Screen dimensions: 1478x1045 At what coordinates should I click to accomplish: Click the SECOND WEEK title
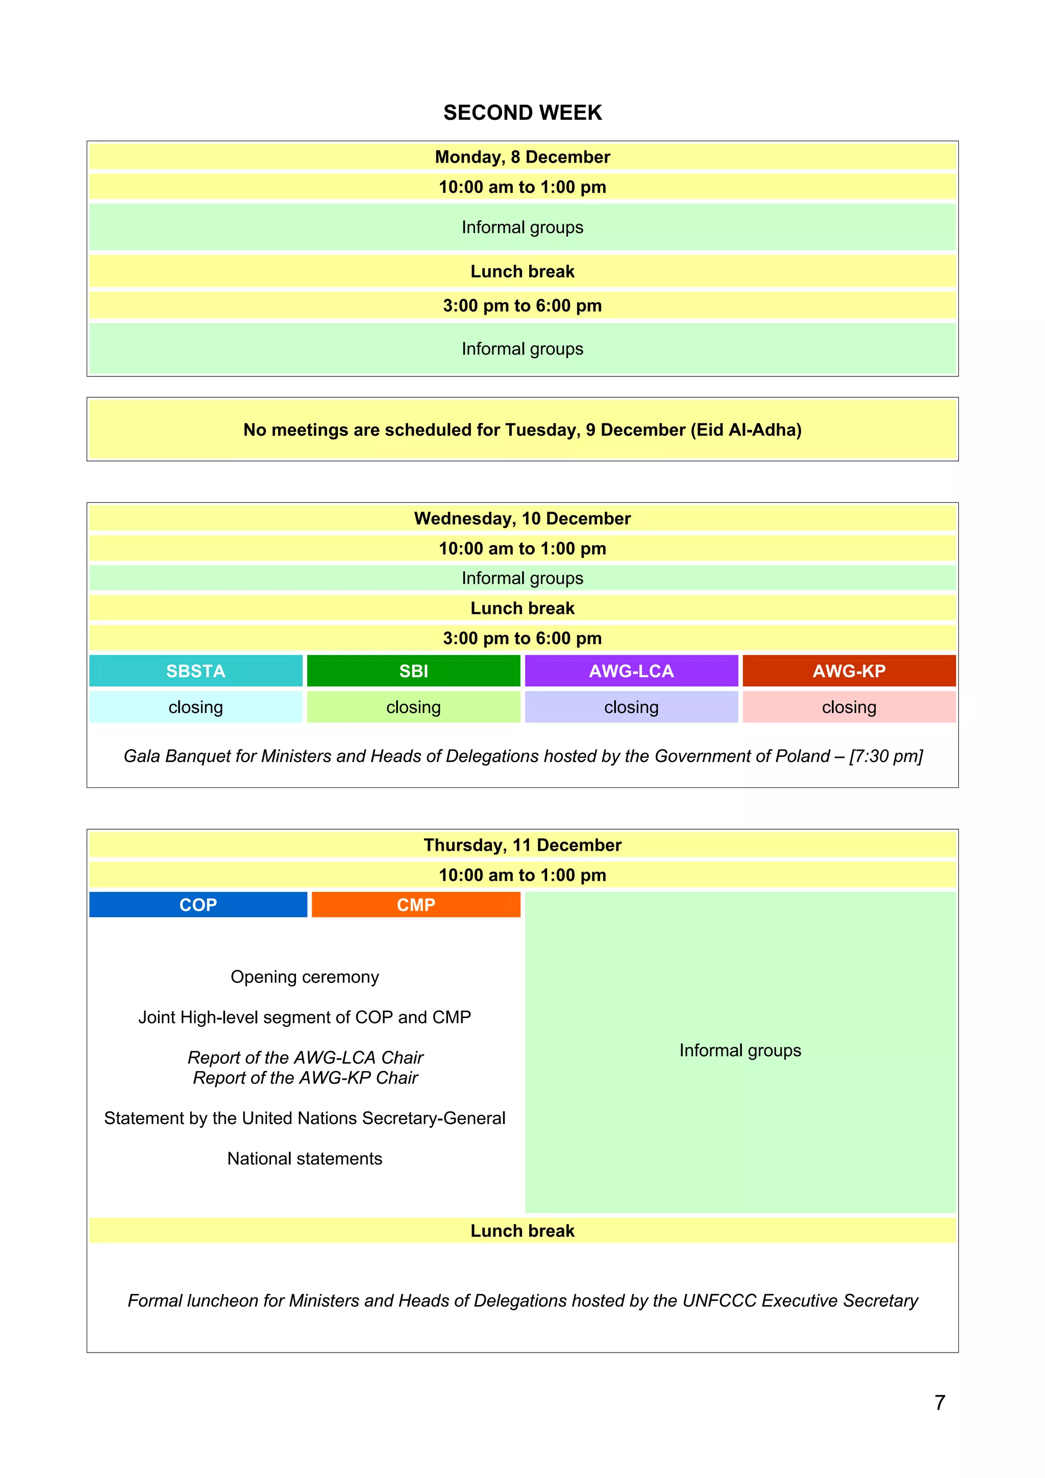pos(522,113)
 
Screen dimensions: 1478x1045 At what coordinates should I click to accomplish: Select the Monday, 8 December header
pos(522,157)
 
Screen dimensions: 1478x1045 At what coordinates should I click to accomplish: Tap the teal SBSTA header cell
pos(196,671)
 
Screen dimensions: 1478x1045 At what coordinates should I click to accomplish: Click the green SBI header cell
pos(413,671)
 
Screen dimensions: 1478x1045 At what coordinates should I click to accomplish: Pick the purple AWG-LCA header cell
pos(631,671)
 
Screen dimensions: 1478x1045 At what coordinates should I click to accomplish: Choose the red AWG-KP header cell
pos(849,671)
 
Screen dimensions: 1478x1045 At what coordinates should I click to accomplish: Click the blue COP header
pos(197,904)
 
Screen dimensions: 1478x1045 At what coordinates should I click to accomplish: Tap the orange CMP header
pos(416,904)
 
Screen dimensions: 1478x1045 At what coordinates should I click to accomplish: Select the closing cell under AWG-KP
pos(849,707)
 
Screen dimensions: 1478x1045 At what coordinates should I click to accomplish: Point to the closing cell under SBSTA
pos(196,707)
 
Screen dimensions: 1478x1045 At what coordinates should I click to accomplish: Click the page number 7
pos(939,1402)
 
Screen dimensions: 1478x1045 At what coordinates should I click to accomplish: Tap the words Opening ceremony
pos(305,977)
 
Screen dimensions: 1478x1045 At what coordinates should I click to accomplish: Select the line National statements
pos(305,1159)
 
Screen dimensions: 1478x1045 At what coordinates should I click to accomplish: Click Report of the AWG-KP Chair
pos(305,1078)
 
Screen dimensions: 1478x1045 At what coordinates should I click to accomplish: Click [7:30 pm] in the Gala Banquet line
pos(886,756)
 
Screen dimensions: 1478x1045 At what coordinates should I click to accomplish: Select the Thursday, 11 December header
pos(522,845)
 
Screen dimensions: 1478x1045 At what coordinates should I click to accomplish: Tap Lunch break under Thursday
pos(522,1231)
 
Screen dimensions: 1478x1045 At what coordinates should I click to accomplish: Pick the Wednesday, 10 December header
pos(522,518)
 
